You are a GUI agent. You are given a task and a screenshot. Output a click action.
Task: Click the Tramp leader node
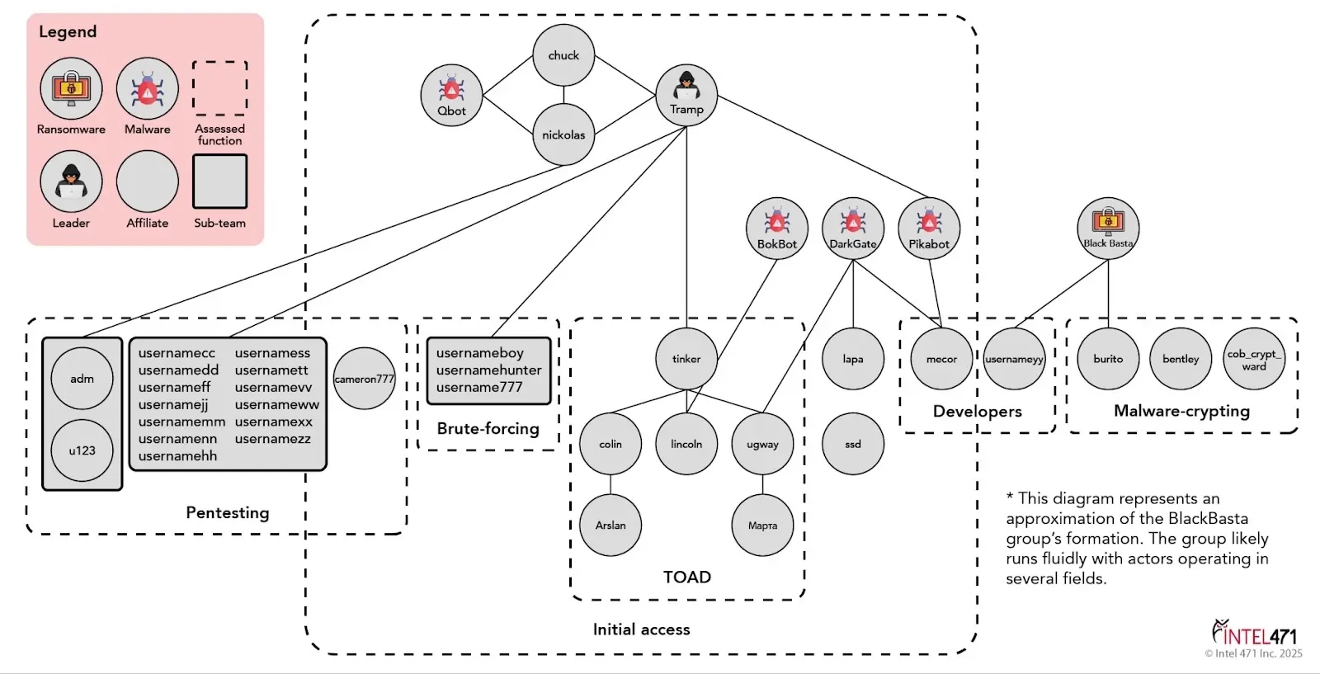686,95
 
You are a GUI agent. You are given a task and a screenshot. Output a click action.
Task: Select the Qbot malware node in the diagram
451,95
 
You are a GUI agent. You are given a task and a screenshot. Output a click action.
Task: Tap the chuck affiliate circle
563,55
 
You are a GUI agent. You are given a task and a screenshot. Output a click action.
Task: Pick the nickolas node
563,134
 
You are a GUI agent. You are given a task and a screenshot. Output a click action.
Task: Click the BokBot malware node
776,229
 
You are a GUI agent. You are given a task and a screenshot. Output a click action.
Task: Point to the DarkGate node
853,229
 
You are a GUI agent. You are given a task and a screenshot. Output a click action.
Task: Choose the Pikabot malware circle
929,229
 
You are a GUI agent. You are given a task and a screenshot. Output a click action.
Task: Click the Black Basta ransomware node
1108,229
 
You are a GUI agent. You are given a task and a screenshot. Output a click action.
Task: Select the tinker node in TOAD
686,359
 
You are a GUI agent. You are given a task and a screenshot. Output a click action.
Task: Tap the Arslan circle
610,526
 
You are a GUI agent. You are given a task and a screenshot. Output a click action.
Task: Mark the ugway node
762,444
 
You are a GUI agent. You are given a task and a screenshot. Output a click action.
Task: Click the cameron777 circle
364,379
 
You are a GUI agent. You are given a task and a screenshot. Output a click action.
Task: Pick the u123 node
82,450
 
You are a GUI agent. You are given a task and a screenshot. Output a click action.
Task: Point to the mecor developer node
941,359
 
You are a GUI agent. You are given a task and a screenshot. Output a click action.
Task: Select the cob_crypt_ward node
1254,360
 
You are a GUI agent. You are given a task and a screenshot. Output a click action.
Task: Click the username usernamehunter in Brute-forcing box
488,370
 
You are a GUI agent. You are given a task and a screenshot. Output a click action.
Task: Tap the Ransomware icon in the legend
71,88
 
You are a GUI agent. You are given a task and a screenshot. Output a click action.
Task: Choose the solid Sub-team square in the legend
219,181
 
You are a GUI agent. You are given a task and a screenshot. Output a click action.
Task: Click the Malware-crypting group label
1181,411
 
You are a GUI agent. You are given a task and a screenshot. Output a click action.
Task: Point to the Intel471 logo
1254,634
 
